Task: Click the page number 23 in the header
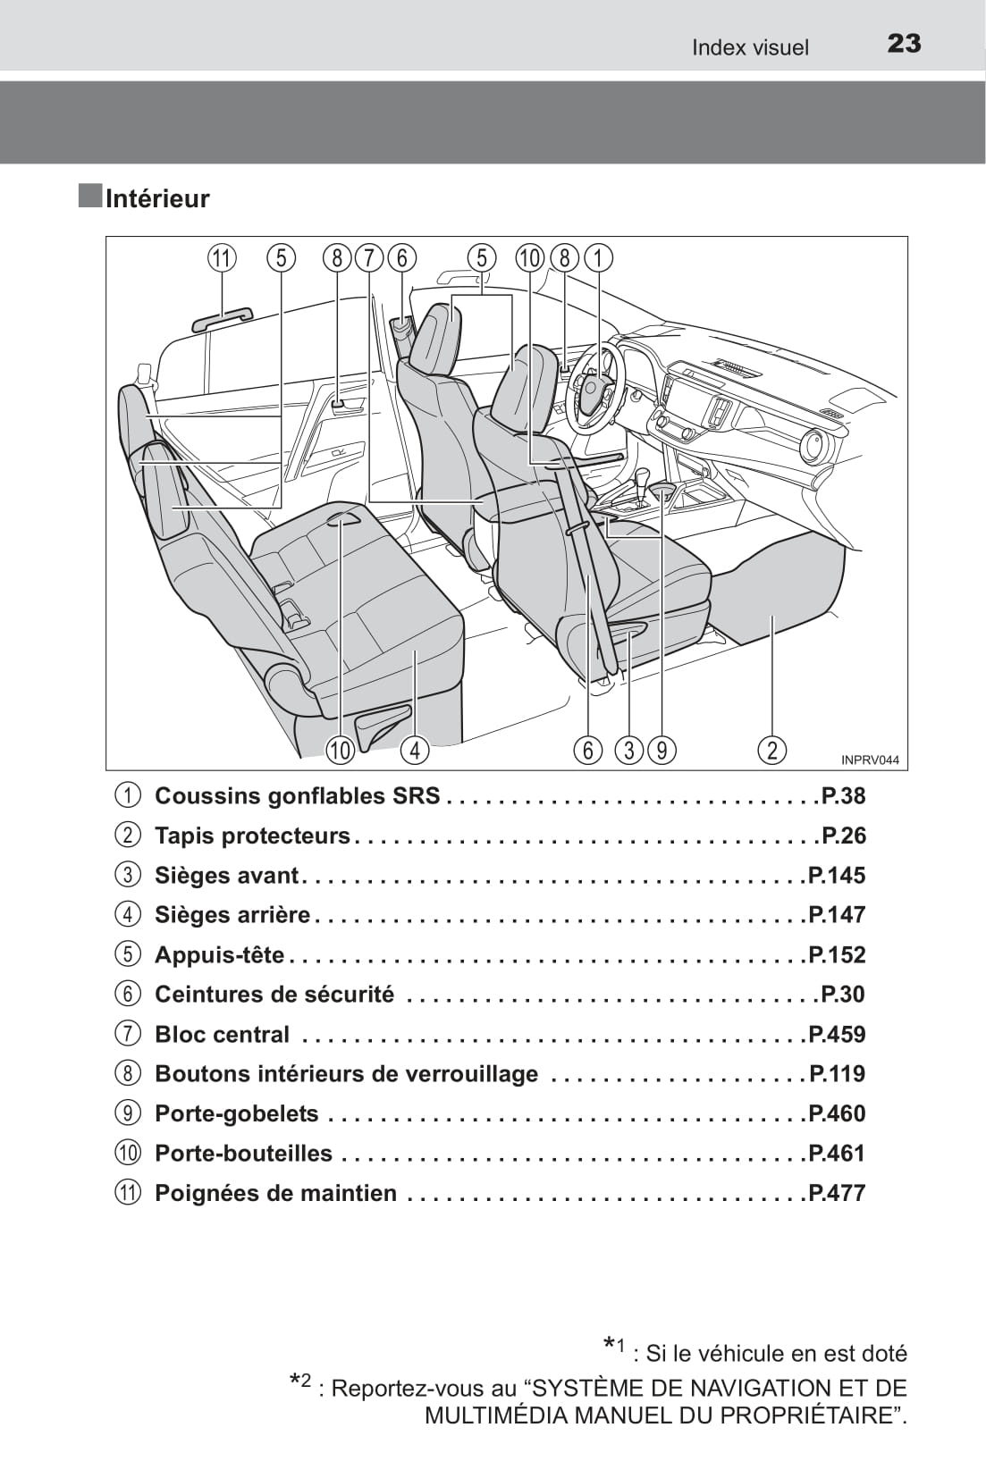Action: coord(904,44)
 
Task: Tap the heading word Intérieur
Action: coord(157,198)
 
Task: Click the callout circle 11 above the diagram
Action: coord(221,258)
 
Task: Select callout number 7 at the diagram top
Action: coord(368,258)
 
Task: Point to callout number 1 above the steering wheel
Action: coord(598,258)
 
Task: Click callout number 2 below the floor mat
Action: coord(772,750)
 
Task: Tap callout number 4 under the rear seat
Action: coord(415,750)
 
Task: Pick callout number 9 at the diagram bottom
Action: coord(662,750)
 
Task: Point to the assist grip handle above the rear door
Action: coord(223,318)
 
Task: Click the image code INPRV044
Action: coord(869,760)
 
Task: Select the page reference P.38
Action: coord(843,795)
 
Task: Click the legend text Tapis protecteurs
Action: coord(252,836)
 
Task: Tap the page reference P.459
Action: coord(837,1034)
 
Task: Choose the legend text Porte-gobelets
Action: coord(236,1113)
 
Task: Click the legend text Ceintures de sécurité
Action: coord(274,995)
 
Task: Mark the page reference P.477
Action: coord(837,1193)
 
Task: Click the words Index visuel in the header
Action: coord(749,47)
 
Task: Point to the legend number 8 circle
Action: coord(128,1074)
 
